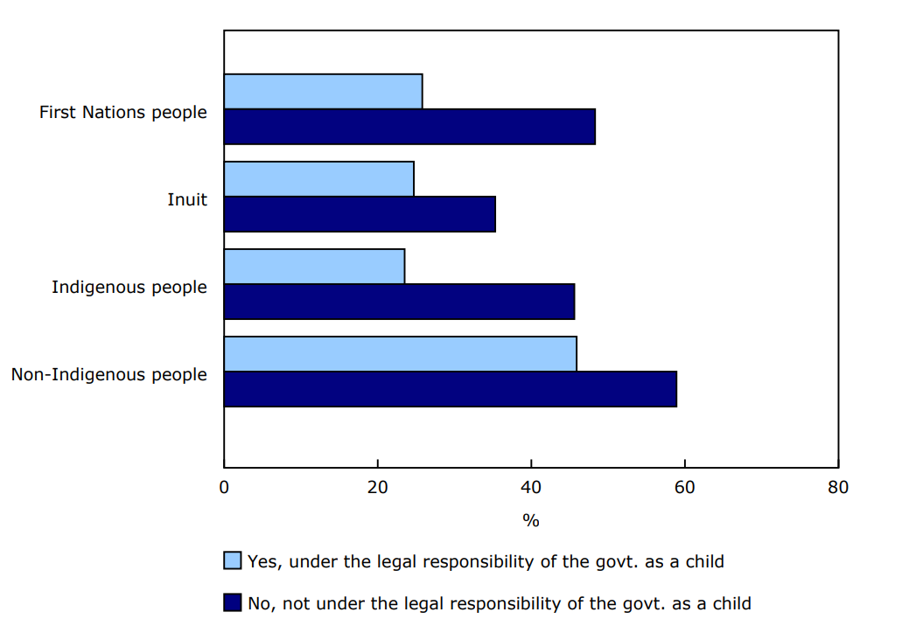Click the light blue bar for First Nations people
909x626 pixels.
click(x=323, y=92)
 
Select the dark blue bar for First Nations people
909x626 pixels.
click(x=409, y=127)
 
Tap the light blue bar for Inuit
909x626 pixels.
click(x=318, y=179)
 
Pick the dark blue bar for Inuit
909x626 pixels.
click(x=360, y=214)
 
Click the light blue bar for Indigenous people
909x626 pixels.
click(x=314, y=267)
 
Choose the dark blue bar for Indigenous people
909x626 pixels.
click(x=399, y=302)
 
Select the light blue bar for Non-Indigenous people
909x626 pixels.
click(x=400, y=354)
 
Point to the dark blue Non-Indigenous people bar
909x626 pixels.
click(x=450, y=389)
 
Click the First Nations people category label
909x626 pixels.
click(x=123, y=112)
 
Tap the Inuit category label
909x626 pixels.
click(x=187, y=199)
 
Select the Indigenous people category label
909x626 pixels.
click(x=129, y=287)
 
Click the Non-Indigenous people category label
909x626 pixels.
click(x=109, y=374)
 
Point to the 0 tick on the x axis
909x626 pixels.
click(x=224, y=487)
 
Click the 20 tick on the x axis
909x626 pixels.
click(x=377, y=487)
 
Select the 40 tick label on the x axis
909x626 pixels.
click(x=531, y=487)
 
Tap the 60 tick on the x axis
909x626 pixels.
click(x=684, y=487)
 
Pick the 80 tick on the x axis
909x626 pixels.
click(x=838, y=487)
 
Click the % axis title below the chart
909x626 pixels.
click(x=531, y=520)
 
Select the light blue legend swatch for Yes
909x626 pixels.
click(x=233, y=560)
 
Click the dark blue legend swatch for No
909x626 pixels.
click(x=233, y=602)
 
